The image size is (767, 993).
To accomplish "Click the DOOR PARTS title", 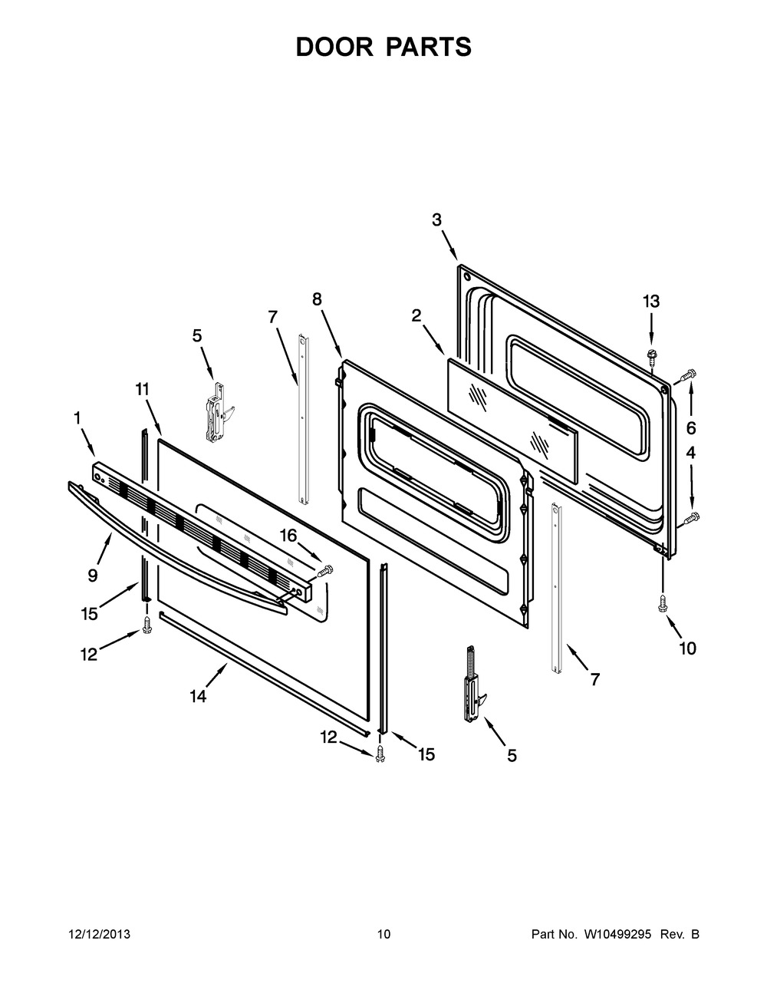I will click(383, 47).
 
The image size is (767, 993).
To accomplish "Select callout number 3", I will click(436, 219).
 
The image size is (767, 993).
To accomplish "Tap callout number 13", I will click(650, 302).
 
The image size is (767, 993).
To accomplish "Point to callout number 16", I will click(288, 535).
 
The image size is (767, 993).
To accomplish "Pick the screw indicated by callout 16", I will click(325, 569).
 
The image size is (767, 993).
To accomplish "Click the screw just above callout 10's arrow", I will click(661, 604).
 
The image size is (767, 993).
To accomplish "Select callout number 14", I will click(198, 696).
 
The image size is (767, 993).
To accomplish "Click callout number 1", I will click(77, 417).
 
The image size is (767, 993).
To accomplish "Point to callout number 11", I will click(142, 389).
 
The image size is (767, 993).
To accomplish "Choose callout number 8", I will click(317, 299).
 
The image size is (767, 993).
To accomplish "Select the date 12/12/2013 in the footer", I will click(99, 935).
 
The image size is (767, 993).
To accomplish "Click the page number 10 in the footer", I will click(383, 935).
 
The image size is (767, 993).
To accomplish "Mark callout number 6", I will click(690, 427).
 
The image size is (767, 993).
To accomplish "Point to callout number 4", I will click(690, 453).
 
